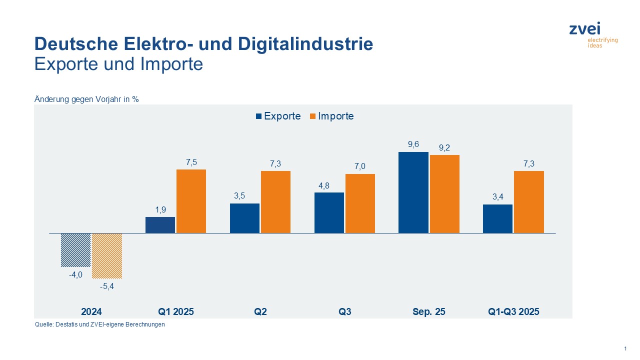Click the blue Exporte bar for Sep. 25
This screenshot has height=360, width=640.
(413, 192)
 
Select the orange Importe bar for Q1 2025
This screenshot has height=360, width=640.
(190, 201)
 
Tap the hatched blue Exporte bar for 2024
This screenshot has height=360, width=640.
(75, 250)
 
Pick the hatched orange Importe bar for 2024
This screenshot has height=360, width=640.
(107, 255)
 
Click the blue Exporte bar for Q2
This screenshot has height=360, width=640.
(244, 218)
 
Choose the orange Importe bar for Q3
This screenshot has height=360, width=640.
(360, 203)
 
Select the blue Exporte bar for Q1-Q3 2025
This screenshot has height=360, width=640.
(497, 218)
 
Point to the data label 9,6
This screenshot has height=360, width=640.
(413, 144)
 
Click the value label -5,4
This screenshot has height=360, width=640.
(107, 286)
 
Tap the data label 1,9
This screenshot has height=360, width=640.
(160, 210)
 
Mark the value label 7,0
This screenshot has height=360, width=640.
(360, 166)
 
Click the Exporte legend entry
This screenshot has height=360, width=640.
(278, 116)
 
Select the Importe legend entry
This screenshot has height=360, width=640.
(331, 116)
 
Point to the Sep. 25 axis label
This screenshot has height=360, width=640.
(428, 311)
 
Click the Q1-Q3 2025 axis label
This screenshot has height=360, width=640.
(513, 311)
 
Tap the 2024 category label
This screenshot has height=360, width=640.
(91, 311)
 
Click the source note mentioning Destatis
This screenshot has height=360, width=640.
(99, 324)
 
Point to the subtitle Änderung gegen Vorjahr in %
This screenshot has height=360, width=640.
(86, 99)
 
